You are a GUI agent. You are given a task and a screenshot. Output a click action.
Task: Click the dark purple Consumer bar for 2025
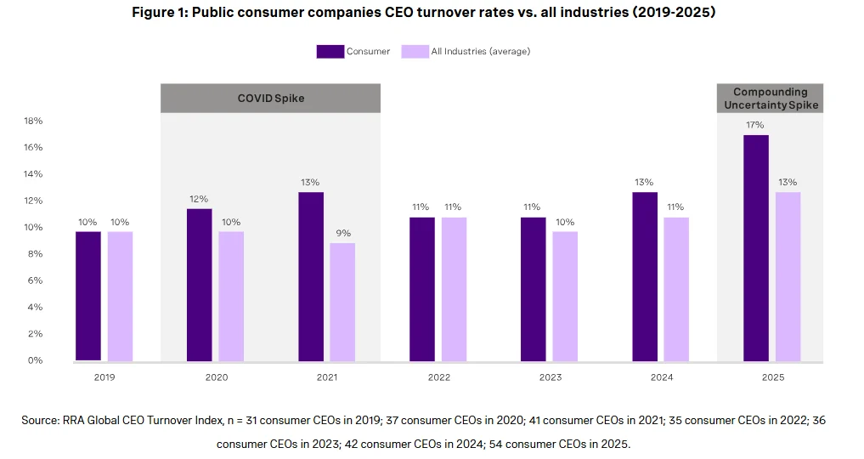tap(755, 248)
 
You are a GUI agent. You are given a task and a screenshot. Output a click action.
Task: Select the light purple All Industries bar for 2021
tap(342, 302)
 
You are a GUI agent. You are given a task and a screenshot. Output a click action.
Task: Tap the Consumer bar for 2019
tap(88, 296)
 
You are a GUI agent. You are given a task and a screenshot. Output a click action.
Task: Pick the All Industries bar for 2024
tap(676, 289)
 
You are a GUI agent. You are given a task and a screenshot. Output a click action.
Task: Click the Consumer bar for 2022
tap(422, 289)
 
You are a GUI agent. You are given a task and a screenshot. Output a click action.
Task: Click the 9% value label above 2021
tap(343, 233)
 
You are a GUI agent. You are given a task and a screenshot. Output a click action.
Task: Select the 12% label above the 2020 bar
tap(200, 199)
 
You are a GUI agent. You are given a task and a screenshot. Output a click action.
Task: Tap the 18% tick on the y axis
tap(33, 122)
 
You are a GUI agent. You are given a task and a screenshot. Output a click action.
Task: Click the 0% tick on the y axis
tap(36, 360)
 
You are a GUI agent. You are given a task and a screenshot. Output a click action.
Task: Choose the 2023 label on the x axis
tap(550, 377)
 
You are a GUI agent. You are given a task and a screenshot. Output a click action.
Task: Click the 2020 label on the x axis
tap(215, 377)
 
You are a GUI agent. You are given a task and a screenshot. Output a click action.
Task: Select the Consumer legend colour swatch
tap(330, 52)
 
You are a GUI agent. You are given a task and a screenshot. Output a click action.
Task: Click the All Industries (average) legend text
tap(480, 52)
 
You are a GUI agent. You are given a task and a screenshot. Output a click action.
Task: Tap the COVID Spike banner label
tap(270, 99)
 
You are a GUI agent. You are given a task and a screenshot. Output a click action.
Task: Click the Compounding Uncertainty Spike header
tap(771, 99)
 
